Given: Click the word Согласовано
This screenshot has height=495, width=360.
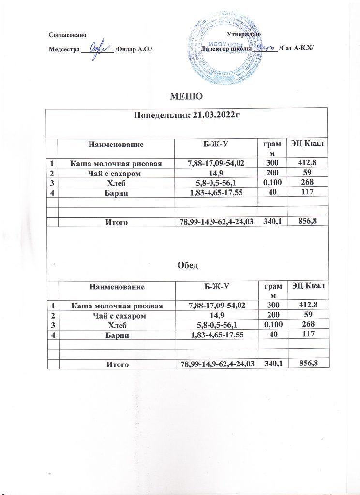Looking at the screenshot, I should tap(68, 34).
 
